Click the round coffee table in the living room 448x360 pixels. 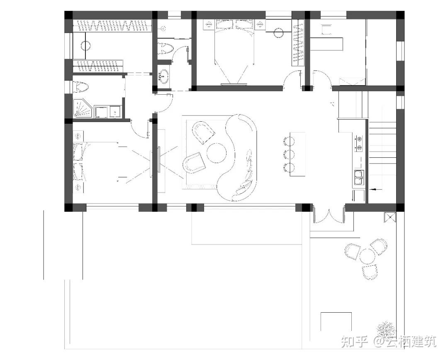(x=216, y=153)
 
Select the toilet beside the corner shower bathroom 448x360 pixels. (x=81, y=87)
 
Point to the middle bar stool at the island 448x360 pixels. (x=289, y=154)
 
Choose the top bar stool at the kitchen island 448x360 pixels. (x=289, y=141)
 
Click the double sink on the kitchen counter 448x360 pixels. (x=358, y=178)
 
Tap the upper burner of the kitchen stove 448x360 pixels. (x=358, y=139)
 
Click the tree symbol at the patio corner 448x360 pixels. (x=386, y=329)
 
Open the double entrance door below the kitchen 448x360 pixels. (x=329, y=216)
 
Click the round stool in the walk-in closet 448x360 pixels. (x=86, y=46)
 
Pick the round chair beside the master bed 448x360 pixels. (x=278, y=33)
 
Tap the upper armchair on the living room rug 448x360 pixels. (x=203, y=132)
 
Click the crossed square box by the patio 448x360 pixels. (x=390, y=217)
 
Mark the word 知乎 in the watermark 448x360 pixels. (x=354, y=342)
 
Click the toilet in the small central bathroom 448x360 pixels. (x=165, y=48)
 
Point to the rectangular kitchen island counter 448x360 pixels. (x=297, y=154)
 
